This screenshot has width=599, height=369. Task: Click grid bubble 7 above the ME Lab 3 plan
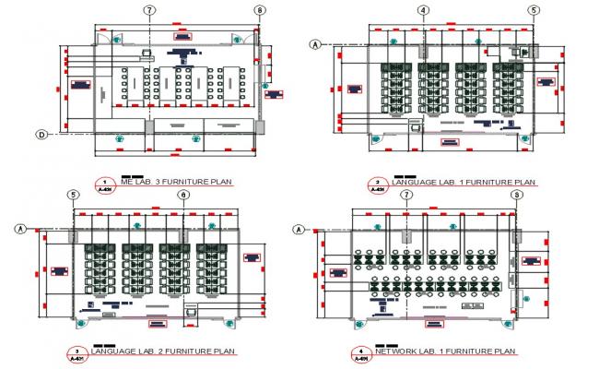point(148,10)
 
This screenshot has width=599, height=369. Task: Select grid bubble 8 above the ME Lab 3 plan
point(260,10)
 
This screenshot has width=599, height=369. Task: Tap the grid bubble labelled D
point(42,135)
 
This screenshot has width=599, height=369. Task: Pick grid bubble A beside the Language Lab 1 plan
point(315,43)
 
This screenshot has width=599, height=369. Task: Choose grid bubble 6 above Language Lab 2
point(183,195)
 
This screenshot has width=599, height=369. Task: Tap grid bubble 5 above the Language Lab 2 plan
point(73,195)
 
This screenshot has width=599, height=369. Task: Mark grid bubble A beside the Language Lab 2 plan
point(20,227)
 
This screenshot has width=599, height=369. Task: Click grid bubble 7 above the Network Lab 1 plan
point(405,195)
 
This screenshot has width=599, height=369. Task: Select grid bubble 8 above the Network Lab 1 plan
point(517,195)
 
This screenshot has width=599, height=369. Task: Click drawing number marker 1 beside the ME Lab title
point(106,184)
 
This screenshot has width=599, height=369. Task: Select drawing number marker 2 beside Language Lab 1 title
point(377,184)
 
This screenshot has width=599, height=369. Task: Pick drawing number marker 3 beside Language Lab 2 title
point(76,353)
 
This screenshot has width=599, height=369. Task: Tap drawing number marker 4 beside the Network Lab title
point(361,353)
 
